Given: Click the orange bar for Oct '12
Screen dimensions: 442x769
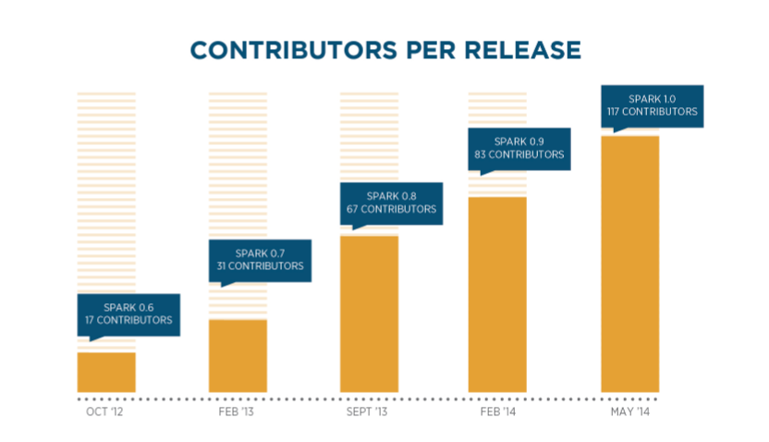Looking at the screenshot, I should pos(106,372).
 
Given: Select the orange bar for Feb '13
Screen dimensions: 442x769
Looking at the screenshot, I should pos(238,355).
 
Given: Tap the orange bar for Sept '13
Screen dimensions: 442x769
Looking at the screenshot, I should pos(369,313).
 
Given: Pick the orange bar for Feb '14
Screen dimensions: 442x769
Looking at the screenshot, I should pos(498,294).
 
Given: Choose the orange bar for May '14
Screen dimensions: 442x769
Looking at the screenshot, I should pos(629,264).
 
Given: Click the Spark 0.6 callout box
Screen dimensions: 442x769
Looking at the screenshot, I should pos(128,314).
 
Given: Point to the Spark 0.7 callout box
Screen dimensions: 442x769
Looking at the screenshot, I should pos(260,260).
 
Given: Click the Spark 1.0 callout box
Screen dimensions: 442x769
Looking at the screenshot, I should pos(652,105).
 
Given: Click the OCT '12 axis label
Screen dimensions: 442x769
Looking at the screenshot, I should pos(104,411).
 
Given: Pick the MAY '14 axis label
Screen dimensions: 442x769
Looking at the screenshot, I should pos(629,411).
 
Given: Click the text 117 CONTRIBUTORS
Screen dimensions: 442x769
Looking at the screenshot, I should pos(652,112).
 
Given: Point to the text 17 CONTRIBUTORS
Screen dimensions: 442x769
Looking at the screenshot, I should pos(128,321).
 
